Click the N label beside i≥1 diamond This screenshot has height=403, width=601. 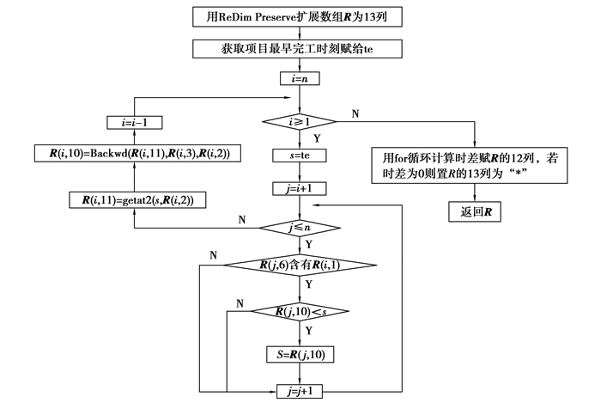click(355, 113)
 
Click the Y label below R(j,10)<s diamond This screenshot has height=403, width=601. click(309, 330)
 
